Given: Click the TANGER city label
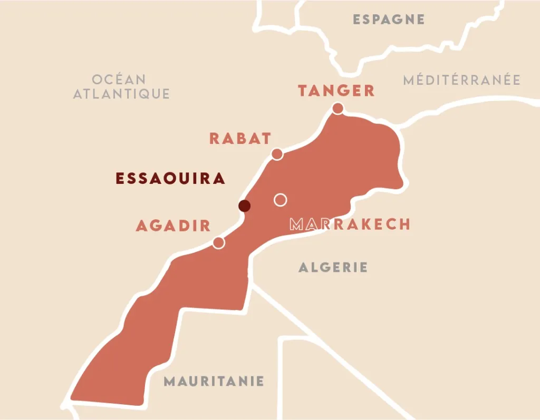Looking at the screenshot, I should coord(336,91).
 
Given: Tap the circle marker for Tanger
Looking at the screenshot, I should coord(337,109).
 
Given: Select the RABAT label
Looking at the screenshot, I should coord(240,139).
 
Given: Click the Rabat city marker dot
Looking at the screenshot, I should coord(277,154).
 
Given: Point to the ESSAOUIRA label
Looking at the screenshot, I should coord(170,178).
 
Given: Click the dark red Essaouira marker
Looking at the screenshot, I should coord(244,206).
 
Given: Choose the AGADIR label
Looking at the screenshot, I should coord(173,226).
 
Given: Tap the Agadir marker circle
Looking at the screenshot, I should coord(218,242).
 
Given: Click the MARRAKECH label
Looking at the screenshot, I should coord(350,224).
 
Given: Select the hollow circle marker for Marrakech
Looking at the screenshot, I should coord(281,200).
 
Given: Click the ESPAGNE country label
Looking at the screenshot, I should coord(389,19).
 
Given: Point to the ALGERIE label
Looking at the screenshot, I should coord(333,267).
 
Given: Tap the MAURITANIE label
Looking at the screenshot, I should coord(214,381).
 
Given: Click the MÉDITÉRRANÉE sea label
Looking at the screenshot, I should coord(461,80).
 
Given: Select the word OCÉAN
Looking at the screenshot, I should coord(119,80).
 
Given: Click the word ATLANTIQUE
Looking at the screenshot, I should coord(121,94).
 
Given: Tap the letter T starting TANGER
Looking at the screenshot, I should coord(303,91).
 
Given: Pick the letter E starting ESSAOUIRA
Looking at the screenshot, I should coord(120,178).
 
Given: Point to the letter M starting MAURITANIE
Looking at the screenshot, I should coord(169,381).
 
